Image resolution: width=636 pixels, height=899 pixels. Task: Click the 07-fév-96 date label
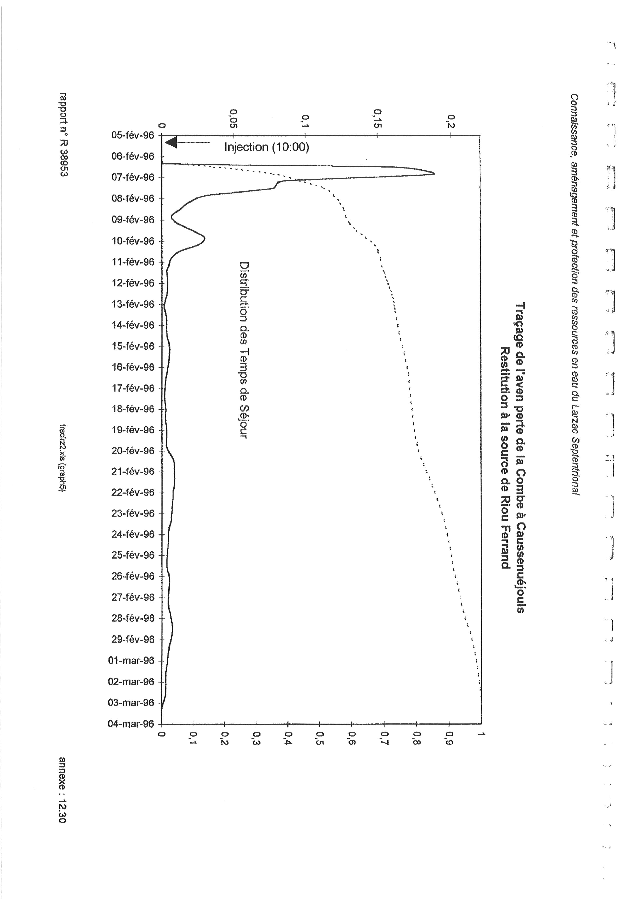point(133,177)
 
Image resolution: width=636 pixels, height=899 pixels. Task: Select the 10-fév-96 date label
point(133,241)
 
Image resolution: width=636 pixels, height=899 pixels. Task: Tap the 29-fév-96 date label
point(133,639)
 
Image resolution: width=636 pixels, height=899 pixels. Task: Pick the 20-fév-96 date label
point(133,451)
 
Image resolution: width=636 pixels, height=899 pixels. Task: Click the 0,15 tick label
point(377,118)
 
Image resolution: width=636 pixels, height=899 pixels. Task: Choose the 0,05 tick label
point(233,118)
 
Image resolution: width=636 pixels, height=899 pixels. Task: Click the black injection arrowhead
point(171,142)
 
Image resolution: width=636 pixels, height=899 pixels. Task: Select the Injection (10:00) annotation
point(266,147)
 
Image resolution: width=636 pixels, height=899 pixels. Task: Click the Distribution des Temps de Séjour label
point(244,350)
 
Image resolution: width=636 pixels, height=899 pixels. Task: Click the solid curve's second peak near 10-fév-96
point(204,238)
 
